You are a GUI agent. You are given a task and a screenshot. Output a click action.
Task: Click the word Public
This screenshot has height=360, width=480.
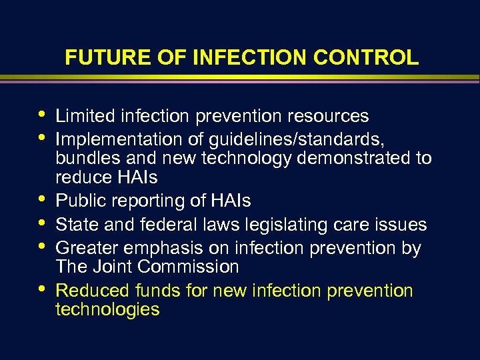point(76,201)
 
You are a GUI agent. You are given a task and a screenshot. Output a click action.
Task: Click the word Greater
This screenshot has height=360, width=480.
point(83,249)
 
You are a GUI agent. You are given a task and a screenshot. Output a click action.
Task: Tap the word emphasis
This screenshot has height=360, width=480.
point(155,249)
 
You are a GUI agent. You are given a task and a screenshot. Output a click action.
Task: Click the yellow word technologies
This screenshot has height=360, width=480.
point(107,309)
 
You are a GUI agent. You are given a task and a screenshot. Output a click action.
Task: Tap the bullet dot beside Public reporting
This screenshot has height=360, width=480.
point(43,199)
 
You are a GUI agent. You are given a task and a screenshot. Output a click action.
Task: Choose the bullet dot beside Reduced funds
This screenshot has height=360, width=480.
point(43,289)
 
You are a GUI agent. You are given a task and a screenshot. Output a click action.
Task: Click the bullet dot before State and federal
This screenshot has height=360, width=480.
point(43,223)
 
